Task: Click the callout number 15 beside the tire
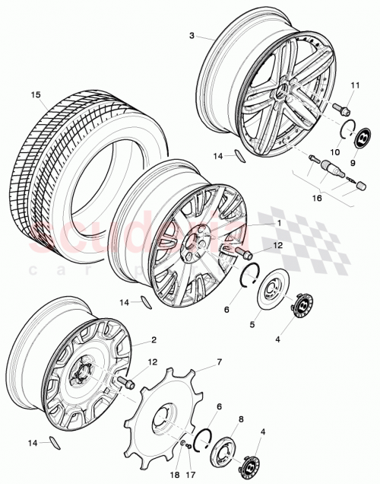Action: [x=35, y=95]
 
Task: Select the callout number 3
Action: [x=192, y=35]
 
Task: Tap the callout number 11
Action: [x=354, y=84]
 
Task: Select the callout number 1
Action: [x=258, y=223]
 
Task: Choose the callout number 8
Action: [x=241, y=419]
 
